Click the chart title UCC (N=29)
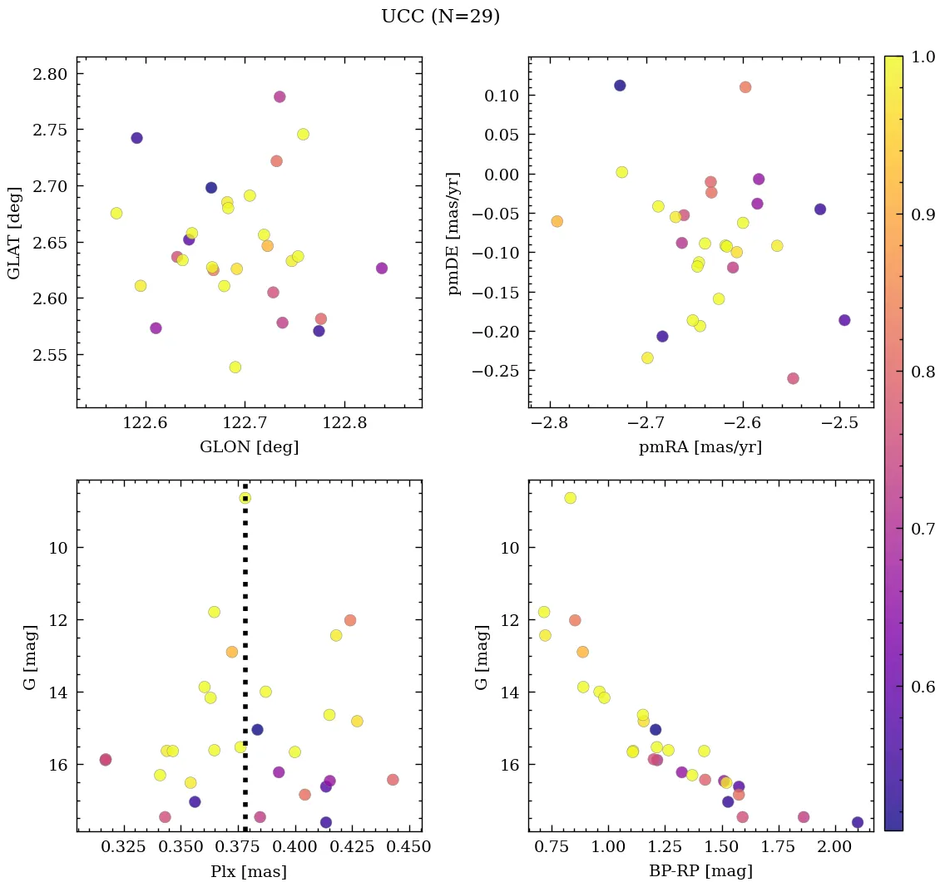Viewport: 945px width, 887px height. click(x=440, y=17)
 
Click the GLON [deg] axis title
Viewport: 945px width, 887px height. click(x=249, y=447)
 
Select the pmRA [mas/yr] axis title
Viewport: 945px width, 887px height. click(x=700, y=447)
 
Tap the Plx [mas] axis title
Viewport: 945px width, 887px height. click(x=249, y=871)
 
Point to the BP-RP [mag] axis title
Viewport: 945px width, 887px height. click(x=700, y=871)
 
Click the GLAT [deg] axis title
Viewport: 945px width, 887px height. click(x=14, y=233)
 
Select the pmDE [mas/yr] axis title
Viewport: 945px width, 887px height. click(x=454, y=233)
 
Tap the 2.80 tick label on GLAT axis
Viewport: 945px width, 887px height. click(x=50, y=74)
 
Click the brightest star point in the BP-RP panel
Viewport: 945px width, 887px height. click(x=570, y=498)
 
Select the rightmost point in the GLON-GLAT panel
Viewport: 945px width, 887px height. click(x=381, y=269)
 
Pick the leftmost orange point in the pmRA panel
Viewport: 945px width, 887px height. click(x=557, y=221)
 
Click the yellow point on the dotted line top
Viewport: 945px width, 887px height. click(x=245, y=498)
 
